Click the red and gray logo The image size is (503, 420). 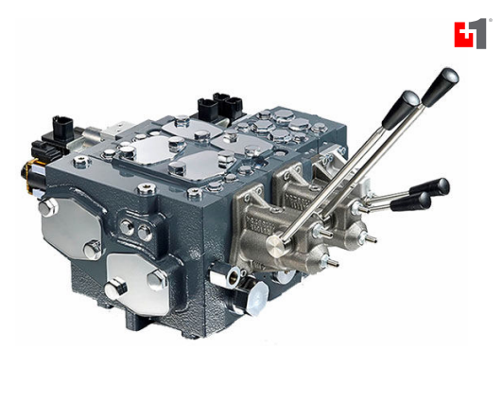[470, 33]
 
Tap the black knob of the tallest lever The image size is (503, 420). [442, 86]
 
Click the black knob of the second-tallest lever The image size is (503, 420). [400, 109]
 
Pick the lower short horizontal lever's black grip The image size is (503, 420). [411, 201]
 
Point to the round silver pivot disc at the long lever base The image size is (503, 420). [275, 245]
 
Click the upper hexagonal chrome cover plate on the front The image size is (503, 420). [72, 227]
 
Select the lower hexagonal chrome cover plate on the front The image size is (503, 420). [138, 282]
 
